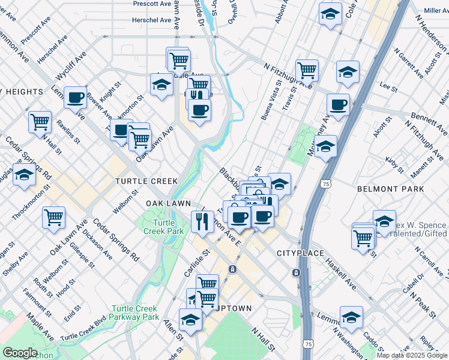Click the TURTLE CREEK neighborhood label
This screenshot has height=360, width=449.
[146, 181]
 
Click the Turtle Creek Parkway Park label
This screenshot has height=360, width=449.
[134, 313]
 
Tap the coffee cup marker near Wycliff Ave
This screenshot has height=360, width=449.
[76, 98]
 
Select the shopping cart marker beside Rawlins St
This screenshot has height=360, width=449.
[40, 121]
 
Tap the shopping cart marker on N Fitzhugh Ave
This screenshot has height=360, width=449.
[307, 70]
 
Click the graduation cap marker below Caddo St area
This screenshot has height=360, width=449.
[351, 316]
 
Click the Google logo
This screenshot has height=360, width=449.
[20, 353]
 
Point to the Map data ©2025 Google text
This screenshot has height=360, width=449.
[412, 355]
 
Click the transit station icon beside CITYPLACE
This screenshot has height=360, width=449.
[297, 273]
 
